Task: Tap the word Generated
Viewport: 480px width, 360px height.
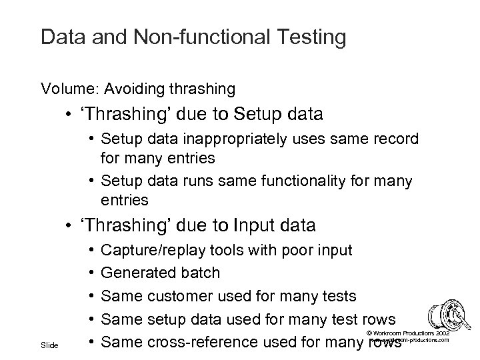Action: pos(135,273)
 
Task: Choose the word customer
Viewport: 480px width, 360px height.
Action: pos(176,296)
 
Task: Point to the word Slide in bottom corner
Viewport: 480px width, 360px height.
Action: pos(50,345)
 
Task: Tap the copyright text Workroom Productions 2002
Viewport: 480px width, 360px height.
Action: pos(410,333)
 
